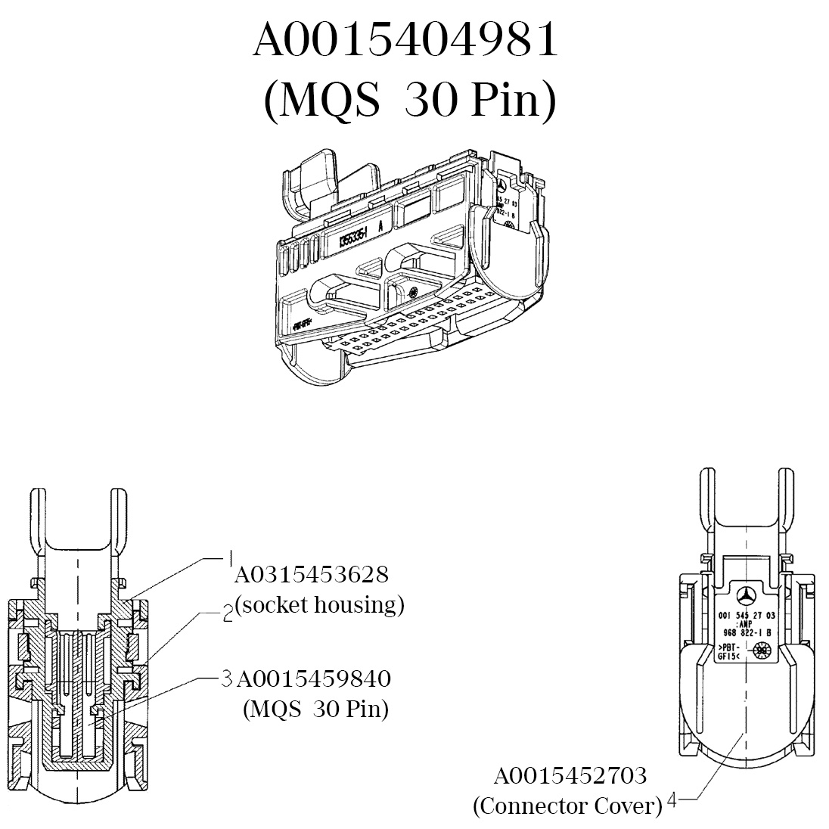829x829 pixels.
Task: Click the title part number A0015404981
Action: (x=405, y=42)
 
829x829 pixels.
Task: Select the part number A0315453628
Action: (x=312, y=575)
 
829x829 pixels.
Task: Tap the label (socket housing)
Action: (x=319, y=605)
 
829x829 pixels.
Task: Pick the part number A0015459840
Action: (x=313, y=678)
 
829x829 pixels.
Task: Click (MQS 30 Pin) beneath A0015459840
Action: (x=315, y=709)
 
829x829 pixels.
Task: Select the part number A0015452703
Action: (x=570, y=775)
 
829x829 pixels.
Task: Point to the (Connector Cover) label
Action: (x=567, y=806)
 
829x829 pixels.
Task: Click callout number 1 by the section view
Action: (x=230, y=558)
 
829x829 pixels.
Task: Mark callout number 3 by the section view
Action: (x=225, y=678)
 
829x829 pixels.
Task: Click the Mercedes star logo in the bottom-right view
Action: (x=747, y=595)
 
